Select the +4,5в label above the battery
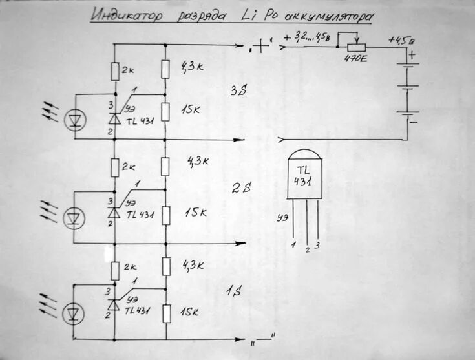click(401, 39)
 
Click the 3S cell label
click(239, 91)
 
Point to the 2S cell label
click(240, 188)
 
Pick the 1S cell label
click(233, 292)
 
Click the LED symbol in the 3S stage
click(76, 118)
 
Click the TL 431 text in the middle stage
click(140, 213)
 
